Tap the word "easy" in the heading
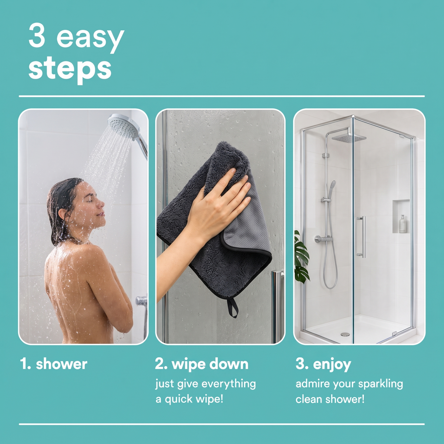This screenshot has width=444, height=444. (x=90, y=39)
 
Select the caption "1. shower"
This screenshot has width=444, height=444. (x=53, y=364)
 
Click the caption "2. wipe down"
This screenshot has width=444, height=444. (x=202, y=364)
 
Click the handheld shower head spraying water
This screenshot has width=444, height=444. (x=124, y=125)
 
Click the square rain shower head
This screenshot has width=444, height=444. (x=349, y=138)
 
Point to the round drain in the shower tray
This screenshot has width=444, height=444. (x=345, y=334)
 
